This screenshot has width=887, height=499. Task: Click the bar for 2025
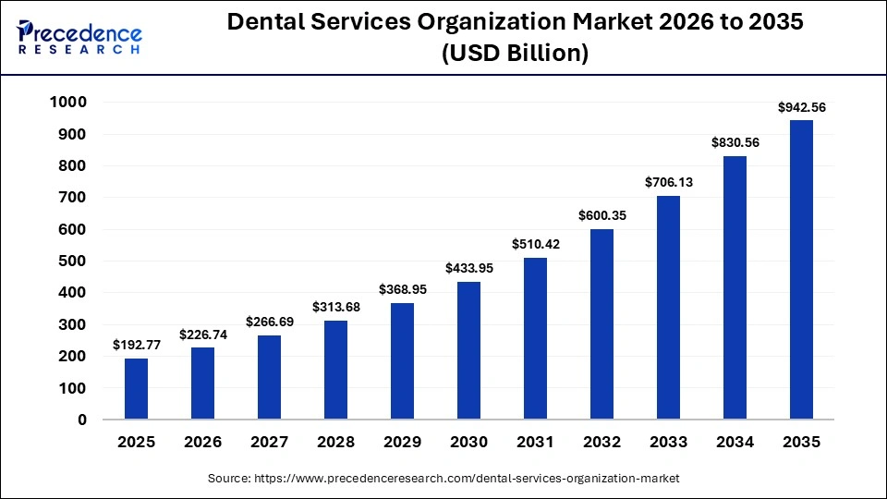click(x=136, y=389)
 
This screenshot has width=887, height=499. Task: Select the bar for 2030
click(x=468, y=351)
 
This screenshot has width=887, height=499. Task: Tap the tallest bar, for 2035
click(x=801, y=270)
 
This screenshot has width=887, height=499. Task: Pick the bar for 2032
click(x=601, y=324)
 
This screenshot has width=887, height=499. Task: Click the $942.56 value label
click(x=801, y=107)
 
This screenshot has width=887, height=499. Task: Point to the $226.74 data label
click(x=202, y=335)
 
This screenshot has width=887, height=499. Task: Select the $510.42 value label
click(x=535, y=245)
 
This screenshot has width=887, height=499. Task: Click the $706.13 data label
click(x=668, y=183)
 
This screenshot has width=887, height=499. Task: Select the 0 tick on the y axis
click(x=81, y=420)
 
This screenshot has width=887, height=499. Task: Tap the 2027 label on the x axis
click(x=269, y=443)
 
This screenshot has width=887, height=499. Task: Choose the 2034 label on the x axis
click(x=735, y=443)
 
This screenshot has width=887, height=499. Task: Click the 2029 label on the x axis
click(x=402, y=443)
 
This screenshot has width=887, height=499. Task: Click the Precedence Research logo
click(x=79, y=39)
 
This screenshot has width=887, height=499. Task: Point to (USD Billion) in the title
click(x=515, y=55)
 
